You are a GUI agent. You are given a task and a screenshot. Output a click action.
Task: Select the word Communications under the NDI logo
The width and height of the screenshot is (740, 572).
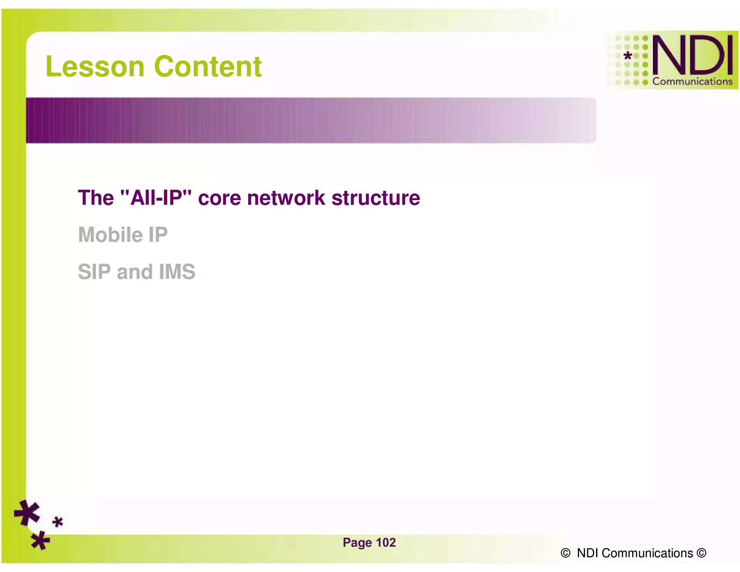(x=692, y=82)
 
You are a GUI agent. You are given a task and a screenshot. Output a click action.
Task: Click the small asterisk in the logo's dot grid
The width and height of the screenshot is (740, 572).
(x=628, y=56)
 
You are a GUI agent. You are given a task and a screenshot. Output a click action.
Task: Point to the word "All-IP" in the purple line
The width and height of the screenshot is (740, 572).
(x=156, y=198)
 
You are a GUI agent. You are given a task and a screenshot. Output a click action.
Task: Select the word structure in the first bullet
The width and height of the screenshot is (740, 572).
(x=376, y=198)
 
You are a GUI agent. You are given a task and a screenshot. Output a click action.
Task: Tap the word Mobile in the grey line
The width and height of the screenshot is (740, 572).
(x=110, y=235)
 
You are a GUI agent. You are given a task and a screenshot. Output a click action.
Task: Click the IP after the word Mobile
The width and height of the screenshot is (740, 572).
(x=158, y=235)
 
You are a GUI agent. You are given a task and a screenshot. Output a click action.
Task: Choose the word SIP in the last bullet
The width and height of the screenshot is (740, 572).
(x=94, y=272)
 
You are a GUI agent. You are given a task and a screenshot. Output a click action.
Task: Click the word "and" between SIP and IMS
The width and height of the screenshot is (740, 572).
(x=135, y=272)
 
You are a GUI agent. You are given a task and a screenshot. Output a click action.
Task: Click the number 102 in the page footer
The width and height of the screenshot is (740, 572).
(x=386, y=543)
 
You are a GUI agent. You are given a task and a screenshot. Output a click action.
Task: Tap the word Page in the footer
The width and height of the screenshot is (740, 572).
(x=357, y=543)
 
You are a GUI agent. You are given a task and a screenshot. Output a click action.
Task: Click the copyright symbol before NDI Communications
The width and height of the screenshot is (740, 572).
(x=565, y=553)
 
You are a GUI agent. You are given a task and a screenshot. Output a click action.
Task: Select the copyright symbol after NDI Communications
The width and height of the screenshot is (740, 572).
(x=701, y=553)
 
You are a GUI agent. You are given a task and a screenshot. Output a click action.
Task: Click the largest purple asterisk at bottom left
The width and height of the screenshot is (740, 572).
(x=27, y=513)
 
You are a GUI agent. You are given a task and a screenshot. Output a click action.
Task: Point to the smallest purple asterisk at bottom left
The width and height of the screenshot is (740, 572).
(x=57, y=522)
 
